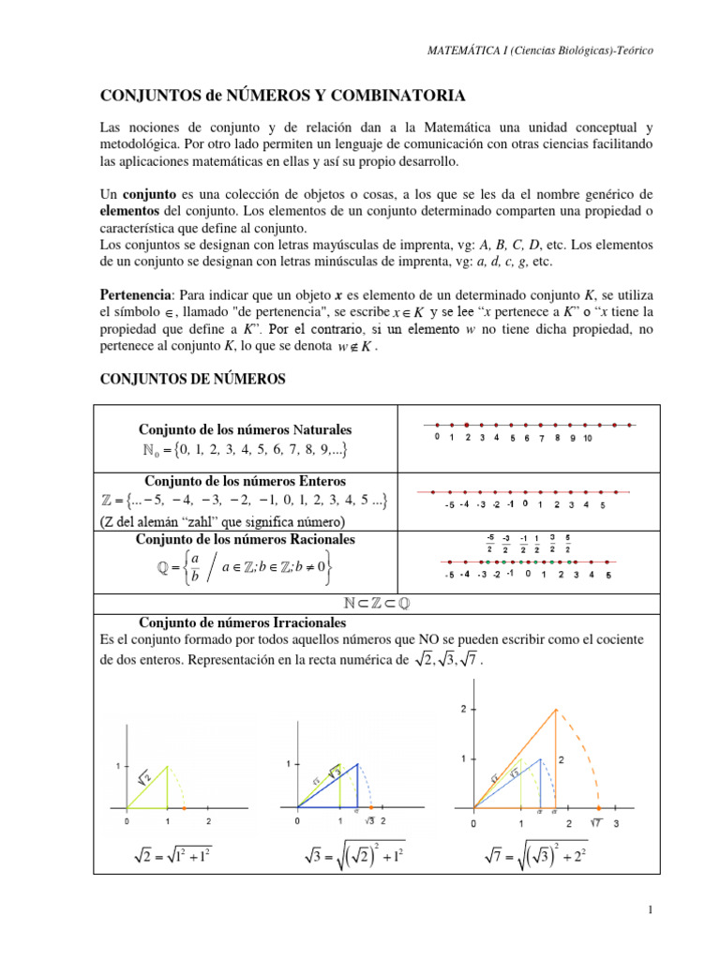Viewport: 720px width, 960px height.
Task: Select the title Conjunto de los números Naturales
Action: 247,428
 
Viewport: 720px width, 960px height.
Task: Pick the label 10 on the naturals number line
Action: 587,438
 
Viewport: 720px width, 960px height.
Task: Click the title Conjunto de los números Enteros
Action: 247,481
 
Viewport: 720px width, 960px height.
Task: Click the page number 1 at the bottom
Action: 650,910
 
